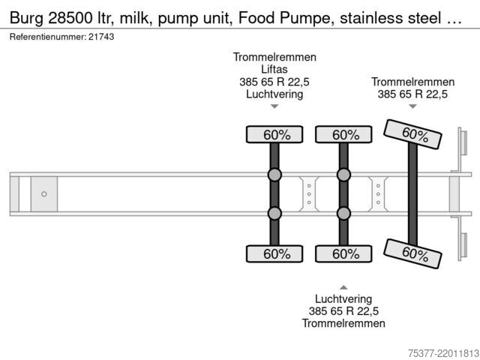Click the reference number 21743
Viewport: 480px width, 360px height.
[101, 37]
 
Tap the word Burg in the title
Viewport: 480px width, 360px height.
[27, 18]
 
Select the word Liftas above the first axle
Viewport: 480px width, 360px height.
[274, 70]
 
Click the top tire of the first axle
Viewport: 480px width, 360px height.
[274, 134]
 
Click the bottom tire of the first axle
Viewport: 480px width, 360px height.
[274, 253]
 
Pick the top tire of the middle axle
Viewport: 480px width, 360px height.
[343, 134]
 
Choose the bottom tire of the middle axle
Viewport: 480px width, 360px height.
[343, 253]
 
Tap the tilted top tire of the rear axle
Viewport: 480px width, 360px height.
[412, 134]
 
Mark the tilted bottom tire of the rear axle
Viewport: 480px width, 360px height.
[412, 253]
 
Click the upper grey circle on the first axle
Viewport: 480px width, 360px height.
[274, 175]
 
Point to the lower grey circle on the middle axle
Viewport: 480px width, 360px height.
[343, 213]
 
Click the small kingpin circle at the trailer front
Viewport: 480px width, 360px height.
[44, 194]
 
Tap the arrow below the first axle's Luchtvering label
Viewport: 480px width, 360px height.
[274, 106]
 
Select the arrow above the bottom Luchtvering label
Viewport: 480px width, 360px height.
[343, 287]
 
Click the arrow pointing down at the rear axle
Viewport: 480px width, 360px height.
[412, 106]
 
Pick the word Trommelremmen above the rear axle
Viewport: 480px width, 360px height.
[412, 82]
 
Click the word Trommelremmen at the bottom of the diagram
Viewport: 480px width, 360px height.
[343, 323]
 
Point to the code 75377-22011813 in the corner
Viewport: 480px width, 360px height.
[443, 353]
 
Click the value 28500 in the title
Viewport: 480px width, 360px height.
[70, 18]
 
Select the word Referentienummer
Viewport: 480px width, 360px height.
[48, 37]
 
